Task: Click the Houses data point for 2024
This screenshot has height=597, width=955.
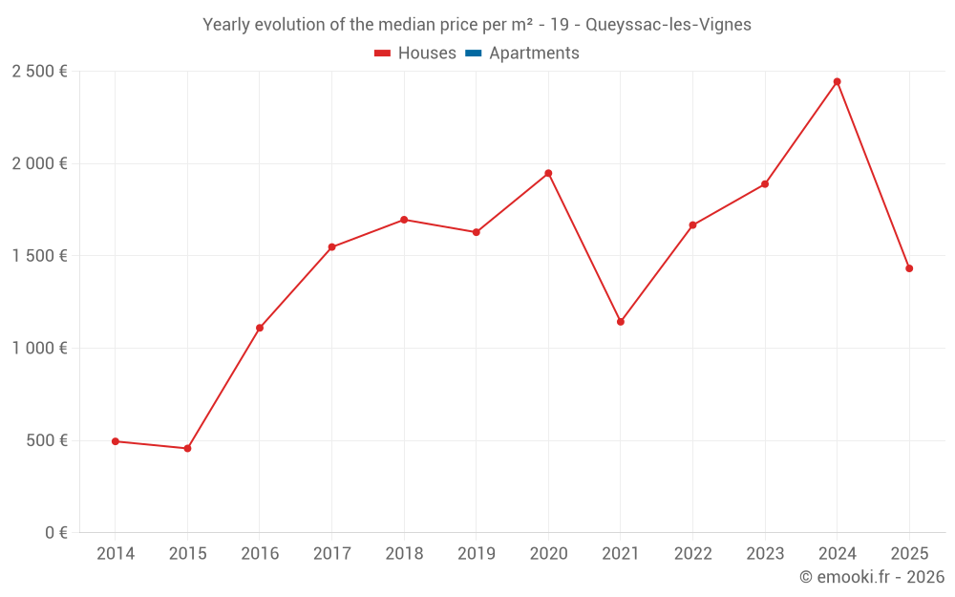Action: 837,82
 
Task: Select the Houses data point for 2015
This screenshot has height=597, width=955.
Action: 187,449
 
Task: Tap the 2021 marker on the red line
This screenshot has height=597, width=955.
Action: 621,322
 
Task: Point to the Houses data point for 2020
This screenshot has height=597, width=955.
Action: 548,173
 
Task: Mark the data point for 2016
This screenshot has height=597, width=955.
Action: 260,328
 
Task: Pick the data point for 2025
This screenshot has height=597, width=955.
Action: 909,268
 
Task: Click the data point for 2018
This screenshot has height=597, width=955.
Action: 404,220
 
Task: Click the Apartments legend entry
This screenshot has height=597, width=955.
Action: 534,53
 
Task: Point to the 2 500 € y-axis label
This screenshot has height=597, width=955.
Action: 40,72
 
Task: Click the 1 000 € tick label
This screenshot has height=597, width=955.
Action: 40,349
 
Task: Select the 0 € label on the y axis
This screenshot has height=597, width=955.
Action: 55,533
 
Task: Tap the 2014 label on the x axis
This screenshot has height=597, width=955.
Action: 116,554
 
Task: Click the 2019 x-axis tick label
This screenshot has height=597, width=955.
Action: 477,554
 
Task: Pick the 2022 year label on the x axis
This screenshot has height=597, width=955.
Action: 692,554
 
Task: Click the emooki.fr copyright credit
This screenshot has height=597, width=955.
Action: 872,577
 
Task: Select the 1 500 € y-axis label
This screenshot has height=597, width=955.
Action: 40,256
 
